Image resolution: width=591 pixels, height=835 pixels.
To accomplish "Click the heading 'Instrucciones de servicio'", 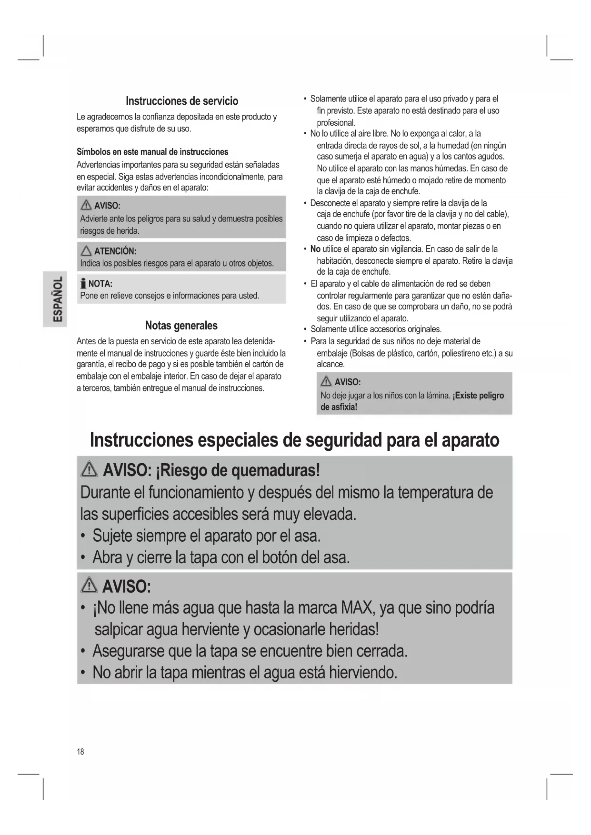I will click(182, 101).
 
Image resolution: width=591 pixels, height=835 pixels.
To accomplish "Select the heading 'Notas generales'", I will click(181, 326).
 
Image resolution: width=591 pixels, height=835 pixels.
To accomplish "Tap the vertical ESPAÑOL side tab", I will click(55, 298).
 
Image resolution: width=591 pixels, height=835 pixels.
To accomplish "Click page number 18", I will click(80, 752).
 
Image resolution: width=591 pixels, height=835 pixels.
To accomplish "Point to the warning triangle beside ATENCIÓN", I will click(86, 251).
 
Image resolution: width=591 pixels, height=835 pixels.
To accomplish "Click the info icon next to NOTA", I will click(83, 284).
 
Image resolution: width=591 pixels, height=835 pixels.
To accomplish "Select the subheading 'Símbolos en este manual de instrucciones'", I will click(152, 152).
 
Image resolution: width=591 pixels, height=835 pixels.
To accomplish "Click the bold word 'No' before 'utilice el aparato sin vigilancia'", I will click(315, 249).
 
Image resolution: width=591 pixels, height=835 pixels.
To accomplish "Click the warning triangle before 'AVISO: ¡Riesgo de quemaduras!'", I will click(89, 470).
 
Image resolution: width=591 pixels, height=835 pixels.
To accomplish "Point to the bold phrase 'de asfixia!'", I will click(339, 407).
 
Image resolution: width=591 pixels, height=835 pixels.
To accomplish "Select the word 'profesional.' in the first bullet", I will click(336, 122).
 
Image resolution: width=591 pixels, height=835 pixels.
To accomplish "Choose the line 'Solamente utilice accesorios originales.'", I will click(376, 329).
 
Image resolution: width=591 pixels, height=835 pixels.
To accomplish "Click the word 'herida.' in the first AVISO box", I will click(126, 231).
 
